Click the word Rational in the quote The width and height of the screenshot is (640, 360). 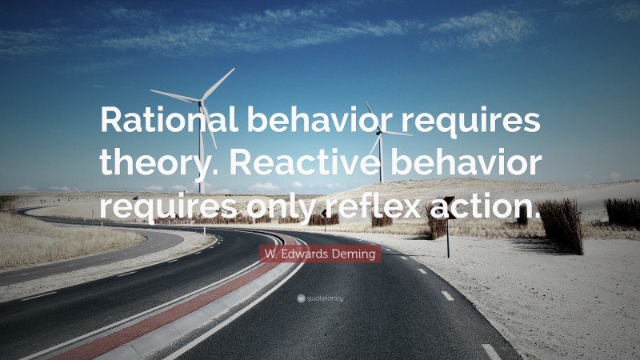pos(162,122)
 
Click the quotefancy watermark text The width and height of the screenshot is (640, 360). pos(325,298)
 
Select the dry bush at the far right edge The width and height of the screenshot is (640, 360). pos(622,213)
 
